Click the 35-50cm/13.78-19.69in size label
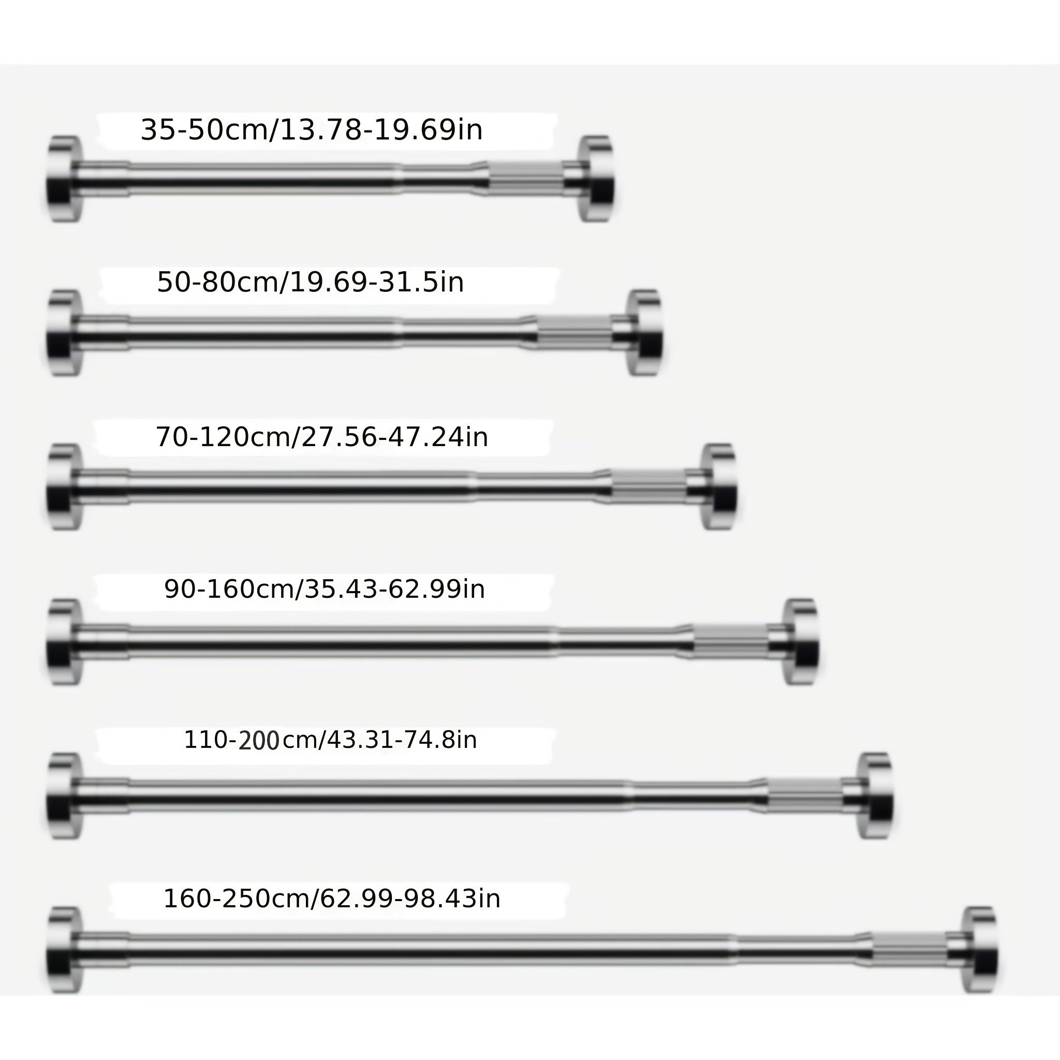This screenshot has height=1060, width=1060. (x=312, y=130)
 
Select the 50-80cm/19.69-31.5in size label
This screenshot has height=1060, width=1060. (x=311, y=282)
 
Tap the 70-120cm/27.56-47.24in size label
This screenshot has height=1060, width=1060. (x=322, y=437)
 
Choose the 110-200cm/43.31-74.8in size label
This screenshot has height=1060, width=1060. (x=330, y=740)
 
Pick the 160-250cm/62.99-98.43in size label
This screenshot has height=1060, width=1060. (x=332, y=899)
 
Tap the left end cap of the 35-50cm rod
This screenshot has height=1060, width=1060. (x=65, y=179)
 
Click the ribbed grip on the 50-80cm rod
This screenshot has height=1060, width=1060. (x=574, y=332)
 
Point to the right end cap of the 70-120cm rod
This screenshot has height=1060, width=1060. (x=719, y=487)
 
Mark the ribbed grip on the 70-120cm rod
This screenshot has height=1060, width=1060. (x=649, y=487)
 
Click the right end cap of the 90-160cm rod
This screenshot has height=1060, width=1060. (x=801, y=641)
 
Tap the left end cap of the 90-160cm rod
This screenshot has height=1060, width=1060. (x=65, y=641)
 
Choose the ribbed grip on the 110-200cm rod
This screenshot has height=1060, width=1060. (x=804, y=796)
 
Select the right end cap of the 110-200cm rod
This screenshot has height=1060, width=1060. (x=876, y=796)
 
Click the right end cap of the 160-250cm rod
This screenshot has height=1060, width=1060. (x=980, y=950)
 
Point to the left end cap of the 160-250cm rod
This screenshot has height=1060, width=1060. (x=65, y=950)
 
